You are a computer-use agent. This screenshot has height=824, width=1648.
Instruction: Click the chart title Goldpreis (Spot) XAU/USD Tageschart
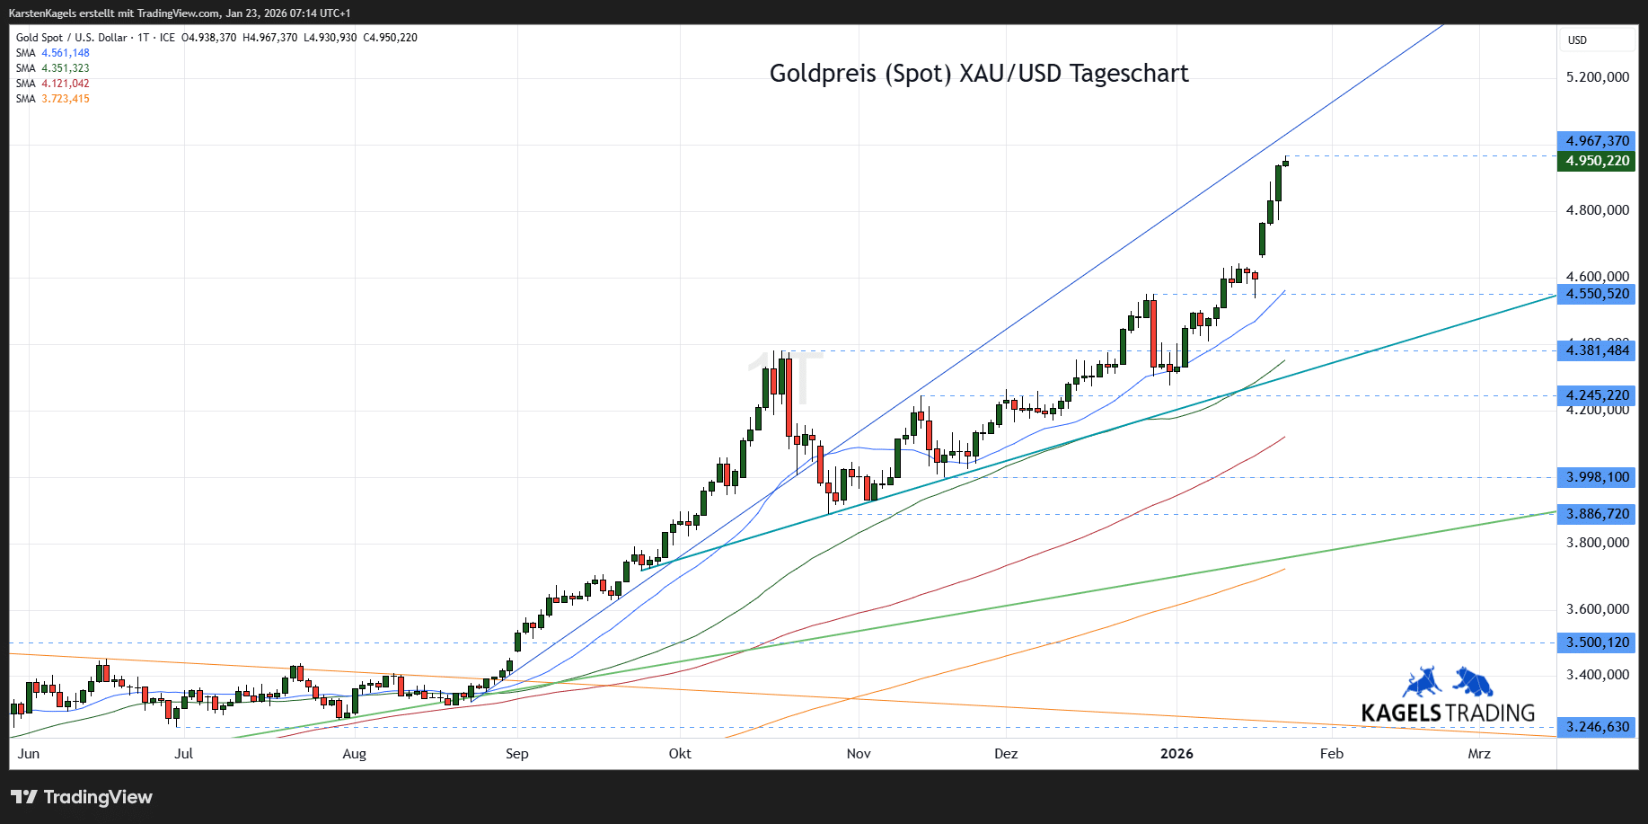tap(979, 74)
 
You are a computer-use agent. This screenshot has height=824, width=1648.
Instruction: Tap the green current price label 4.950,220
tap(1597, 161)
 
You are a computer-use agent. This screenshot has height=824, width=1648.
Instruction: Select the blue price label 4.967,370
tap(1597, 141)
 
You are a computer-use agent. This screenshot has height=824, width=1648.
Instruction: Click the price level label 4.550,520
tap(1597, 294)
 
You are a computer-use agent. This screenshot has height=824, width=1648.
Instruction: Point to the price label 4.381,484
tap(1597, 350)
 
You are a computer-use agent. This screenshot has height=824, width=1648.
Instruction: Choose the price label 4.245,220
tap(1597, 395)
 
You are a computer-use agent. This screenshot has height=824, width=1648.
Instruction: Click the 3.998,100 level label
tap(1597, 477)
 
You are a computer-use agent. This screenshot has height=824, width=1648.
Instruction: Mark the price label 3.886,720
tap(1597, 514)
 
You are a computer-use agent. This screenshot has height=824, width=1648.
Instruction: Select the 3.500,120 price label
tap(1597, 642)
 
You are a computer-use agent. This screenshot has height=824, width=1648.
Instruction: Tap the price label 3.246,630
tap(1597, 727)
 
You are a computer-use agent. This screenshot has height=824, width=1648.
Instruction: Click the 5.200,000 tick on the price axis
tap(1597, 77)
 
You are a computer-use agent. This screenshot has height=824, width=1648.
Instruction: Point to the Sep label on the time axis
tap(517, 754)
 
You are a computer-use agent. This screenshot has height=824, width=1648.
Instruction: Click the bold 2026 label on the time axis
tap(1177, 754)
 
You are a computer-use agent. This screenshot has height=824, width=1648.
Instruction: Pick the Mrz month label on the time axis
tap(1479, 754)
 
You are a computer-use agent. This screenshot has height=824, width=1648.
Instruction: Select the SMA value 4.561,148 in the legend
tap(66, 53)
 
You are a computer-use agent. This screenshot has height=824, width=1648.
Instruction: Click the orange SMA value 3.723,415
tap(66, 99)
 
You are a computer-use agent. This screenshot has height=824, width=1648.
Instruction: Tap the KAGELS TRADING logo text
tap(1448, 713)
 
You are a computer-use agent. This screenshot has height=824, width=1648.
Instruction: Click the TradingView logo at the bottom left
tap(82, 797)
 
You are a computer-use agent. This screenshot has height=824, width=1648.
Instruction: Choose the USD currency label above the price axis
tap(1577, 40)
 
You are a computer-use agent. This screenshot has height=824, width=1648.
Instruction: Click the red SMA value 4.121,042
tap(66, 84)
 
